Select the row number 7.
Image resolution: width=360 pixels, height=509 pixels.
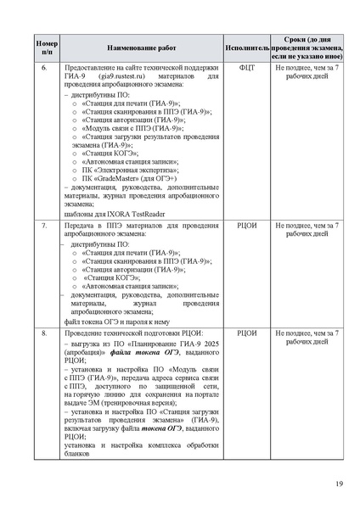click(48, 227)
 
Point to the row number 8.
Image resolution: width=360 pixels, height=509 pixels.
click(48, 333)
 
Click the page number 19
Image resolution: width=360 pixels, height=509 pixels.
click(339, 484)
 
